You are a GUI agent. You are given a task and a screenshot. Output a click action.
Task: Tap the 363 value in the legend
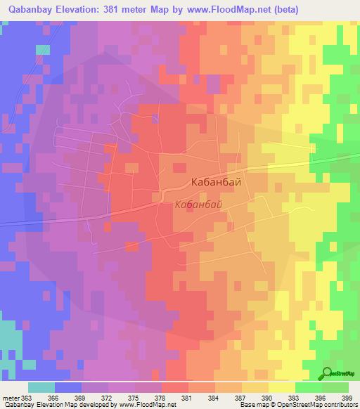click(28, 397)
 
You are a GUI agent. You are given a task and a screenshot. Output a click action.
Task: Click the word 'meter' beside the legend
click(11, 397)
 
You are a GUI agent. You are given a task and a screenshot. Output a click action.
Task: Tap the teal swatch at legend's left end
click(41, 387)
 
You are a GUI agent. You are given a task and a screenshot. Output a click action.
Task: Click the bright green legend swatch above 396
click(309, 387)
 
